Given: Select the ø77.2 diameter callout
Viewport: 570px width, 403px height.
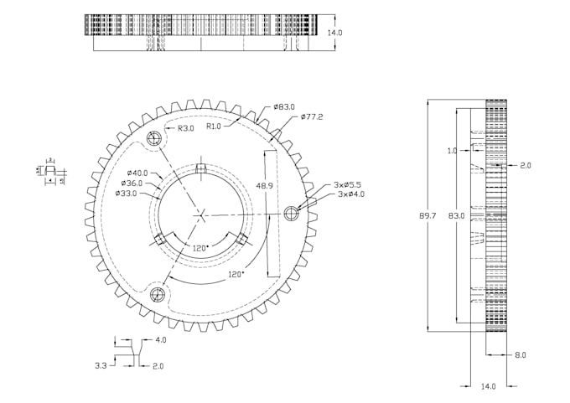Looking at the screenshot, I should point(312,116).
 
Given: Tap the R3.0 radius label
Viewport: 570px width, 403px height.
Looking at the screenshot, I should point(186,128).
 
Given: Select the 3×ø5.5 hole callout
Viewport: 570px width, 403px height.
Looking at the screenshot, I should point(347,184).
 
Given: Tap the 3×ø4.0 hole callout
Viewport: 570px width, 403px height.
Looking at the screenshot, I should point(347,194).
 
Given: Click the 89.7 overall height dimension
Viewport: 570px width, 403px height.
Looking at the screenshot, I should point(427,216).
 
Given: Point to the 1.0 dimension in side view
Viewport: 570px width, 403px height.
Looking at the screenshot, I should point(453,151).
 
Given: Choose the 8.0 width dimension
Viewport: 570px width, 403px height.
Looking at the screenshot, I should point(521,355).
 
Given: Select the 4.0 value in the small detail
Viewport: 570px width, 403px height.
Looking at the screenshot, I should point(160,340).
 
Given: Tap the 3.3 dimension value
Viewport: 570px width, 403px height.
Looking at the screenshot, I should point(101,365).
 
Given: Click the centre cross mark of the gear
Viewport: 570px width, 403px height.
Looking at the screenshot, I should point(203,214).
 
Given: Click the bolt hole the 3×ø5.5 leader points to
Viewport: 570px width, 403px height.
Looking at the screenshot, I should point(292,213).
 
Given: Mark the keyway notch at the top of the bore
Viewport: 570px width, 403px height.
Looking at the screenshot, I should point(201,170).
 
